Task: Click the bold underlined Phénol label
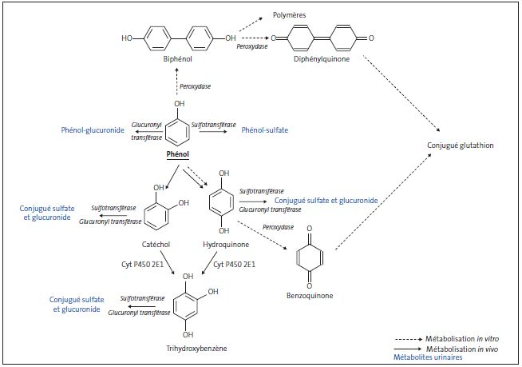click(179, 153)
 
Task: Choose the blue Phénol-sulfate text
click(264, 130)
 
